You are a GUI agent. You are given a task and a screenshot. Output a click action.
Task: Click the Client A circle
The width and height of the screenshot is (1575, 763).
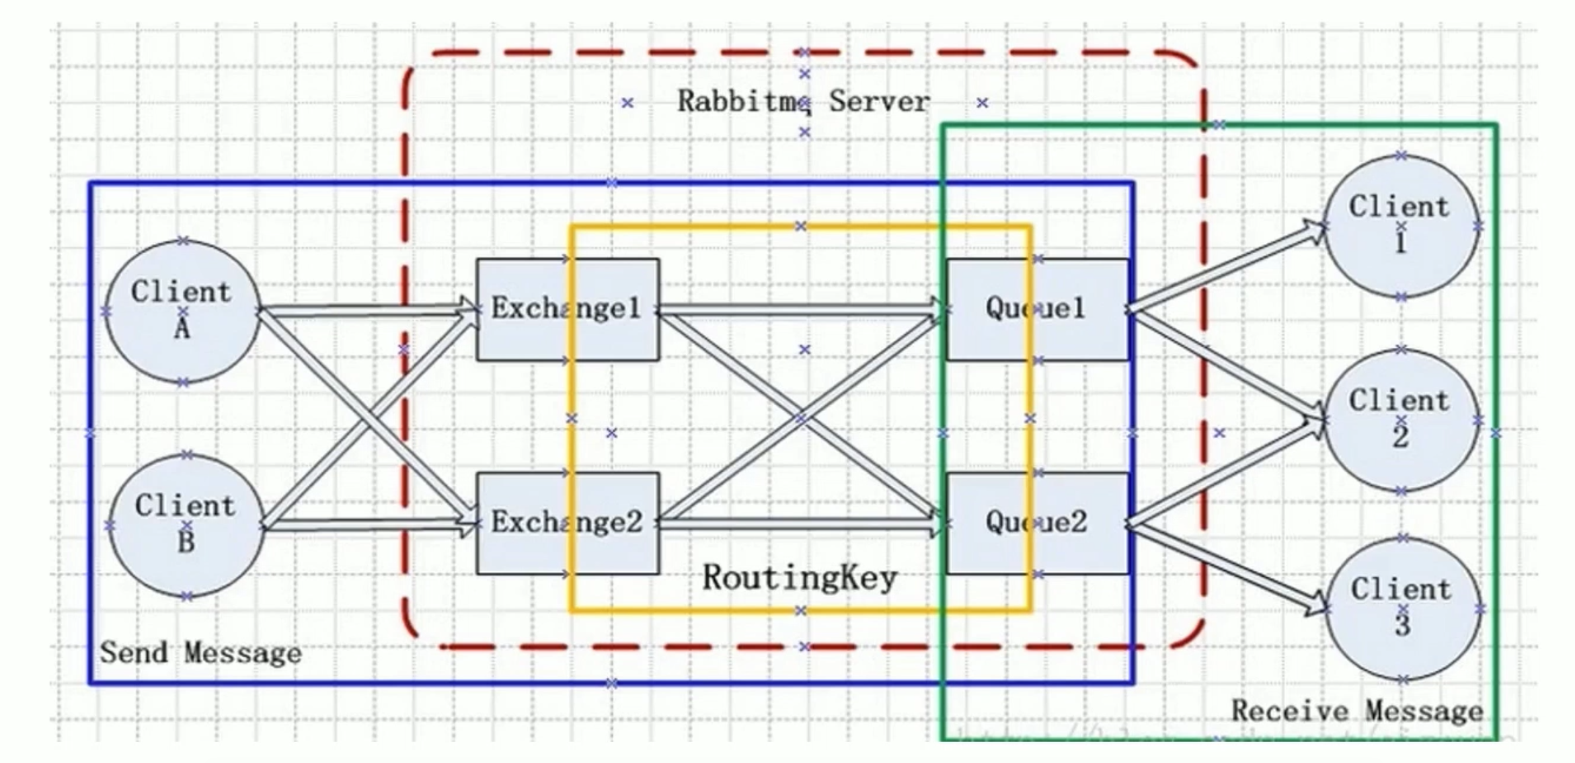click(182, 311)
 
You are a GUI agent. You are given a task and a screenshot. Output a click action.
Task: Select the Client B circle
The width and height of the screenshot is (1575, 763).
click(186, 525)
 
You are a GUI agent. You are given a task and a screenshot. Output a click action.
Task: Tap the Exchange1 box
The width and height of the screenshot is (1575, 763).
click(567, 310)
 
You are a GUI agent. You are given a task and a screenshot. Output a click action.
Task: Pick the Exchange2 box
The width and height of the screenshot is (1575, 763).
click(567, 523)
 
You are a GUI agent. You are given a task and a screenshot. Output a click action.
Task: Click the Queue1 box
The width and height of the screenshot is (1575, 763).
click(1036, 310)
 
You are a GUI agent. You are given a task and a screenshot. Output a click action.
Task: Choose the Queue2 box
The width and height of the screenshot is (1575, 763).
click(1036, 523)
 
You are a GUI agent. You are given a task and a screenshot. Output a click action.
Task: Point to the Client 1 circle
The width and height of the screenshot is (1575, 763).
click(1400, 225)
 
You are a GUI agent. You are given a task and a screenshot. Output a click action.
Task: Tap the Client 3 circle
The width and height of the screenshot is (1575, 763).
click(1402, 608)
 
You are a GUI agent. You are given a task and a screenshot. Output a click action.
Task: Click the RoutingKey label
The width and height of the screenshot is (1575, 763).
click(800, 578)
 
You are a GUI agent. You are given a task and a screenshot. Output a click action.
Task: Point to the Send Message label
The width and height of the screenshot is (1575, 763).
click(200, 653)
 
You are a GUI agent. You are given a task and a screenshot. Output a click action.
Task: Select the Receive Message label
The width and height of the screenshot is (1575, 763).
click(1356, 711)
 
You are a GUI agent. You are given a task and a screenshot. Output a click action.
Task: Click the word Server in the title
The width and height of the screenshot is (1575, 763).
click(879, 102)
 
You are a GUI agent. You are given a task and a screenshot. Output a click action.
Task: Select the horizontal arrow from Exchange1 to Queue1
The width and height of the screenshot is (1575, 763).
click(800, 310)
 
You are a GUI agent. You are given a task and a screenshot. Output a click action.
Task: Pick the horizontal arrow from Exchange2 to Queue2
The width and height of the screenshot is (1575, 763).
click(800, 523)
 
